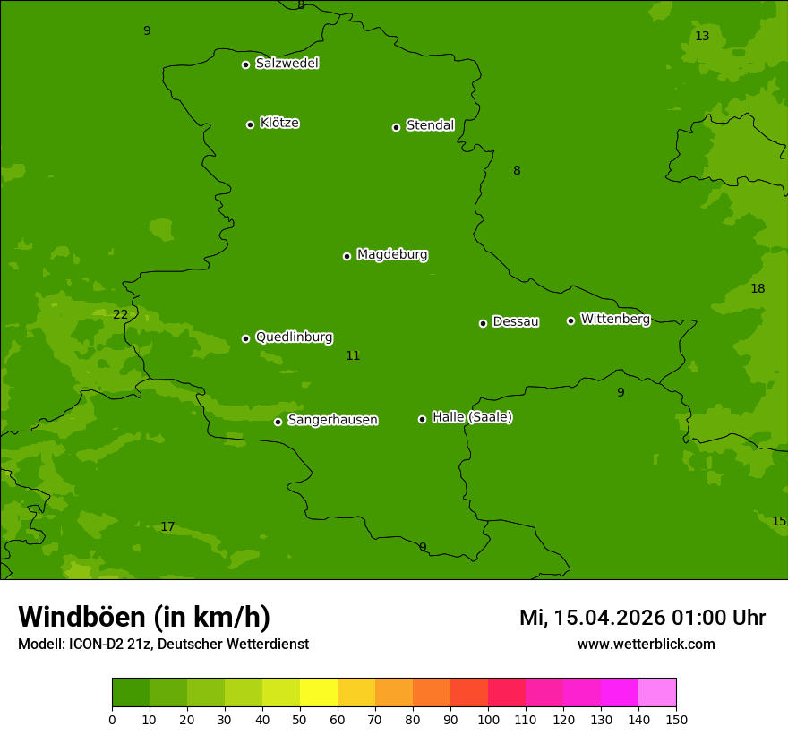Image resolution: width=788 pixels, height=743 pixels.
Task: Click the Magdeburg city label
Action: (391, 255)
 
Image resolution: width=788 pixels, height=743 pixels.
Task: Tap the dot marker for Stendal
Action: (396, 127)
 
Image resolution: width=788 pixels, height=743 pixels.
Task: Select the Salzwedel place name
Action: (287, 64)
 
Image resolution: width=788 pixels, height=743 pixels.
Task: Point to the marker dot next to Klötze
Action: (250, 124)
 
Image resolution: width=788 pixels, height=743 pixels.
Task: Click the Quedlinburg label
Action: (294, 337)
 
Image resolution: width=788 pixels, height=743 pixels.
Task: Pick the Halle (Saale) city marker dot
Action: (422, 419)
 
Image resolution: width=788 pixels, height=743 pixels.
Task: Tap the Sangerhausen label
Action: (332, 420)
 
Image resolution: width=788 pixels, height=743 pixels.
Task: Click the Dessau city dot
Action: (483, 323)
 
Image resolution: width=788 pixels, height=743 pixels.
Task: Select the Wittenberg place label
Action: (615, 319)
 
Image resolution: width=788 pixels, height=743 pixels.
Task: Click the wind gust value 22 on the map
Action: (120, 314)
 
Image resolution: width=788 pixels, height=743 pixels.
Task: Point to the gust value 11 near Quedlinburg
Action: (353, 355)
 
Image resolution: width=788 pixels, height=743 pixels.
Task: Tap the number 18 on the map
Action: (758, 288)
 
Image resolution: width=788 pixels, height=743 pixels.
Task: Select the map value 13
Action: (702, 36)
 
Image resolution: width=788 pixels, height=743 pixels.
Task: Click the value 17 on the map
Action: (167, 526)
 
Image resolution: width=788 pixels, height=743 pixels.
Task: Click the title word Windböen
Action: (81, 617)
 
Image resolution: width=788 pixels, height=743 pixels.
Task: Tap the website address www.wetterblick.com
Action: (646, 644)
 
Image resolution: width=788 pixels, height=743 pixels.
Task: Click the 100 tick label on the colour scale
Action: (488, 719)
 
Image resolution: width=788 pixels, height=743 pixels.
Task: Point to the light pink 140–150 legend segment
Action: (657, 693)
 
